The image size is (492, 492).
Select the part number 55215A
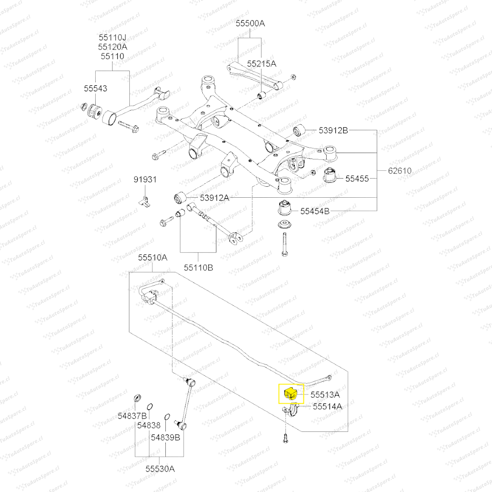tap(261, 64)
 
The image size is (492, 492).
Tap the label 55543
tap(96, 88)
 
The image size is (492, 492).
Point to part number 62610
tap(400, 171)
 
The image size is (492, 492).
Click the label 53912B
tap(333, 131)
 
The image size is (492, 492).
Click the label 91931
tap(145, 179)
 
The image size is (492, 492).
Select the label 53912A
tap(215, 198)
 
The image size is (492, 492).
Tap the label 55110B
tap(199, 267)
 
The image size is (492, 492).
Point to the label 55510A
tap(153, 258)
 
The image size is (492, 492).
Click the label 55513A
tap(325, 395)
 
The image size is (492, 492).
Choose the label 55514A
tap(327, 406)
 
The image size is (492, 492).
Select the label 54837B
tap(132, 416)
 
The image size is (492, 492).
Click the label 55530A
tap(160, 468)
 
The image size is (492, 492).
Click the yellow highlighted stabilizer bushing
tap(290, 394)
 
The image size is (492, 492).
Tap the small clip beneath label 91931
tap(145, 201)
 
